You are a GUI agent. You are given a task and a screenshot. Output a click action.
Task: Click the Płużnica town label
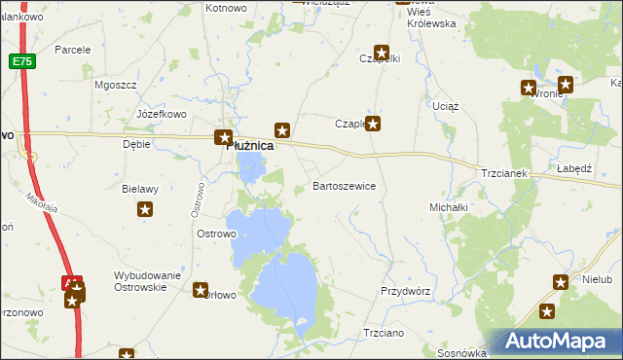click(x=249, y=146)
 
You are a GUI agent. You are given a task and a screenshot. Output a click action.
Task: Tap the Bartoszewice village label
click(x=344, y=185)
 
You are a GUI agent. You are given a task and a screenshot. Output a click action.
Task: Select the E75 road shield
click(x=21, y=61)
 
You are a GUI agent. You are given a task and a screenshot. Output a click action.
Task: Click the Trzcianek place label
click(x=503, y=173)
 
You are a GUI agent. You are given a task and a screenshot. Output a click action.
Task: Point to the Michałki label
click(x=449, y=207)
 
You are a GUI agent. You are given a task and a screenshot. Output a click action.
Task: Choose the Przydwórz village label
click(x=405, y=291)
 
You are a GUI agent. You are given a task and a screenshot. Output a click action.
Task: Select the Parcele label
click(x=72, y=49)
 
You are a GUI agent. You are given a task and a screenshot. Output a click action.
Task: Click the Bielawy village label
click(x=140, y=190)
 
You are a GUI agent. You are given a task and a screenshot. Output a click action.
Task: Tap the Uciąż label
click(x=445, y=105)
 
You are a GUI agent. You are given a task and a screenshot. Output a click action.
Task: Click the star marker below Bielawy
click(x=145, y=209)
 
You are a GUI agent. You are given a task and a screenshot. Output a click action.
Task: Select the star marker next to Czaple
click(x=372, y=124)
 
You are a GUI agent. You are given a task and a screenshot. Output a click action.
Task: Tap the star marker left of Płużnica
click(x=223, y=138)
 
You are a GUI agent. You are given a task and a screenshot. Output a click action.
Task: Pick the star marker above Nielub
click(x=560, y=283)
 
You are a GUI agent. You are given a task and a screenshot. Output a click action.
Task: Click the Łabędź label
click(x=574, y=168)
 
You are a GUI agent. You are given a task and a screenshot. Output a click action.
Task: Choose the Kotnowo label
click(x=226, y=8)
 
